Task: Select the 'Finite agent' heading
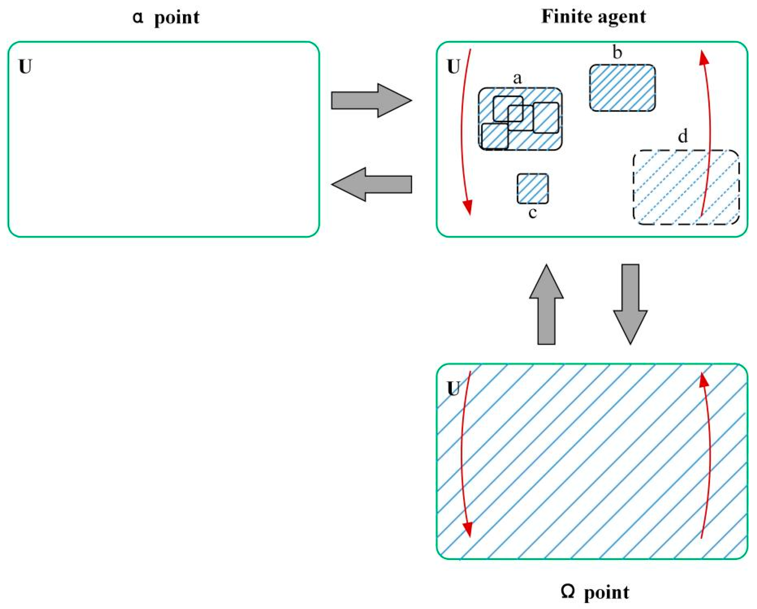(593, 17)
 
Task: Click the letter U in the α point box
(25, 67)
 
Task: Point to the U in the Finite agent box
(454, 67)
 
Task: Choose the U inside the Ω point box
(454, 389)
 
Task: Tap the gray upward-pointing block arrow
(546, 305)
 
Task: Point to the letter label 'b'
(617, 53)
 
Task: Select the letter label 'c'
(532, 212)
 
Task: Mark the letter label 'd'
(683, 136)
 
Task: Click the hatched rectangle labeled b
(622, 88)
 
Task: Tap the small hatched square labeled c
(532, 189)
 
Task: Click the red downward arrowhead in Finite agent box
(468, 207)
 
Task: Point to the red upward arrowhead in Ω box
(703, 380)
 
